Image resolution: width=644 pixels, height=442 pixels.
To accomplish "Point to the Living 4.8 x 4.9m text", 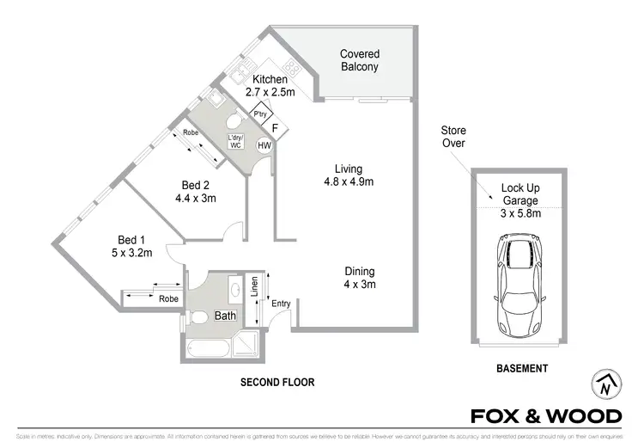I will tap(349, 175).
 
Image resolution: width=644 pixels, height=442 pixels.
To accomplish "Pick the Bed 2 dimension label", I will tap(195, 192).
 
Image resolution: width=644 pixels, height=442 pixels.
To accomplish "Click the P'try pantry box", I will tap(258, 114).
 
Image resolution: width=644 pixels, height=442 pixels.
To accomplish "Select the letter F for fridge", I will tap(274, 130).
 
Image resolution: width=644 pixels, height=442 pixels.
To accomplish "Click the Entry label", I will tap(281, 303).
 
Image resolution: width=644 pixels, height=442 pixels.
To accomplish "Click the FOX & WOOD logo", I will tap(546, 417).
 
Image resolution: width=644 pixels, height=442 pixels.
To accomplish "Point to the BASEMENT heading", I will tap(522, 369).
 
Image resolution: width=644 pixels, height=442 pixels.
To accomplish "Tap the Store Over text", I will tap(453, 137).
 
